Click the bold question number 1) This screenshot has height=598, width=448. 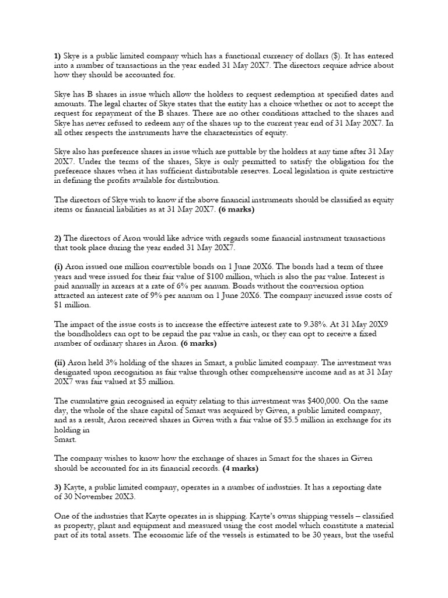[58, 56]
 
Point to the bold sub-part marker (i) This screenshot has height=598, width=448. [58, 266]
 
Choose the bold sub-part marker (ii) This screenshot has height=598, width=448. [60, 363]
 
